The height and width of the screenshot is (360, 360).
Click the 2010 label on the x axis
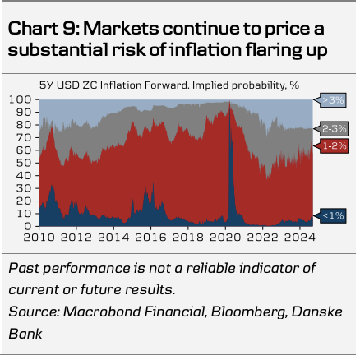coord(39,238)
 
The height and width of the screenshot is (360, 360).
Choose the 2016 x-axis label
coord(150,238)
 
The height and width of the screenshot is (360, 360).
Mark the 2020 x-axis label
coord(225,238)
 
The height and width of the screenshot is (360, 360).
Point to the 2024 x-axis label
coord(300,238)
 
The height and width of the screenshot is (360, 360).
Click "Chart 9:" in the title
coord(44,29)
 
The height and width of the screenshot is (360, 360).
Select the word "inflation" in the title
coord(205,50)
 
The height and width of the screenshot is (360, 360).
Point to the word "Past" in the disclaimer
coord(24,268)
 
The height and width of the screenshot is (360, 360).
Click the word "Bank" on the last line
coord(25,334)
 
